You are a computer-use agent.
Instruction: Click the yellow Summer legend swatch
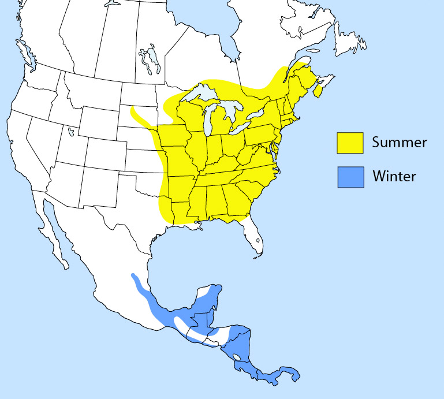350,143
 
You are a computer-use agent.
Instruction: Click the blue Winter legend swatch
350,177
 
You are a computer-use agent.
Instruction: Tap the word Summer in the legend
399,143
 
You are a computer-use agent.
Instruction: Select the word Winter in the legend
394,176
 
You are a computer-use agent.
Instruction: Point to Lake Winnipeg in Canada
147,58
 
